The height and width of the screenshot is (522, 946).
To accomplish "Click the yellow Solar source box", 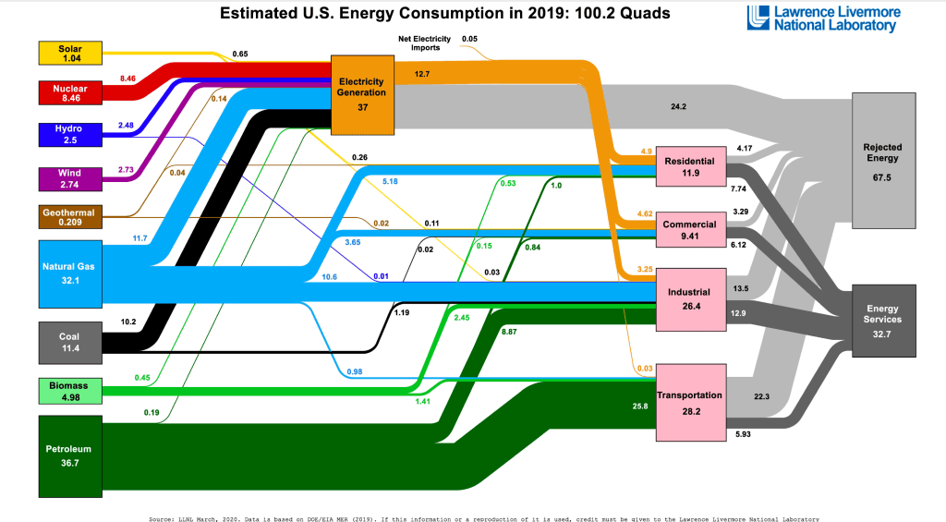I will tap(69, 53).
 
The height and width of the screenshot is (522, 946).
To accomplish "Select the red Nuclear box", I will tap(69, 92).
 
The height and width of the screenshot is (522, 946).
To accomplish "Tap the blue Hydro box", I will tap(69, 133).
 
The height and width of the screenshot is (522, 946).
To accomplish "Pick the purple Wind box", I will tap(69, 178).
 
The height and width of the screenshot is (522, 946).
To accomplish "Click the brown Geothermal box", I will tap(69, 216).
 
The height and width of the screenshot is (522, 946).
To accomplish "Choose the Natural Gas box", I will tap(69, 273).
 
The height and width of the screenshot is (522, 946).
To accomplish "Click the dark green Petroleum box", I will tap(69, 455).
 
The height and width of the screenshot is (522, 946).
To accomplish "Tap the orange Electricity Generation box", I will tap(362, 94).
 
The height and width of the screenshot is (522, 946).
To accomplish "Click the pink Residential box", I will tap(690, 167).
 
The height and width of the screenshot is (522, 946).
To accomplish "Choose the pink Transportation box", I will tap(690, 402).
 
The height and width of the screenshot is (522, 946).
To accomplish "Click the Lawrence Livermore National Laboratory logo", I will tap(823, 18).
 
